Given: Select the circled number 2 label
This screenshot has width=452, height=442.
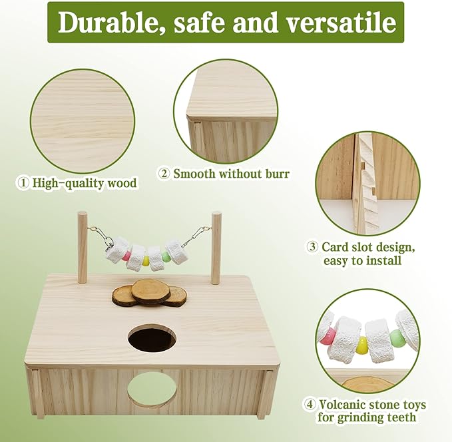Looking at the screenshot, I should pyautogui.click(x=164, y=174).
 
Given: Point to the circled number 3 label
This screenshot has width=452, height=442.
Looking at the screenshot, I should pyautogui.click(x=312, y=247).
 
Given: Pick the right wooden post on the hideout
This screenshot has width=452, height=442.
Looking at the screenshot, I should pyautogui.click(x=216, y=247).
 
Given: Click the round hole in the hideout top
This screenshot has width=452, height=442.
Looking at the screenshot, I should pyautogui.click(x=152, y=337).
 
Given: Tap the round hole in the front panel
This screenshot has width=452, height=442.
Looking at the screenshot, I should pyautogui.click(x=152, y=389).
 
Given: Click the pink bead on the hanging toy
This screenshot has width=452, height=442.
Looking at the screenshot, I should pyautogui.click(x=126, y=256).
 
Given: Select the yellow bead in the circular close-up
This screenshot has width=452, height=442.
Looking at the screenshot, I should pyautogui.click(x=361, y=345).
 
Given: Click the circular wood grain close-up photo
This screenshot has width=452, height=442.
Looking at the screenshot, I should pyautogui.click(x=83, y=119).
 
